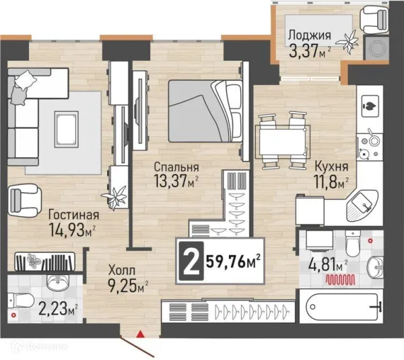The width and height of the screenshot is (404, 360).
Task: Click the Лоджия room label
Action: click(x=309, y=35)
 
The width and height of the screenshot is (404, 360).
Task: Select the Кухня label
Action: click(x=331, y=167)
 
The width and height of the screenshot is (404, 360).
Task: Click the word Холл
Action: click(x=122, y=271)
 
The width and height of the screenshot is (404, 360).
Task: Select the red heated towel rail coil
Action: click(x=340, y=279)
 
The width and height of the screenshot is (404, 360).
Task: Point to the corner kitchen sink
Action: click(x=362, y=206)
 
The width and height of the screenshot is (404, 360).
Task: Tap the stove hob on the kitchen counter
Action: click(x=370, y=146)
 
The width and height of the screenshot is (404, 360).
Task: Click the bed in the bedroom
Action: click(x=205, y=111)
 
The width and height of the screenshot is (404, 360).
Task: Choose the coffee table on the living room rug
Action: click(x=67, y=129)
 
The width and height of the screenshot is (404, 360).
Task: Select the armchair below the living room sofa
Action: click(x=24, y=200)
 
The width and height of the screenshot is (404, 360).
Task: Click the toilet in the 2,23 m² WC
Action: click(x=21, y=301)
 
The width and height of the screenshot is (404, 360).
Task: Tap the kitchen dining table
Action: click(x=283, y=142)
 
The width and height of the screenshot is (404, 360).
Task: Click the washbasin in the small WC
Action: click(x=58, y=281)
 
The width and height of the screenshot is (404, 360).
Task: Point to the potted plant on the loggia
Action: click(x=349, y=41)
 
